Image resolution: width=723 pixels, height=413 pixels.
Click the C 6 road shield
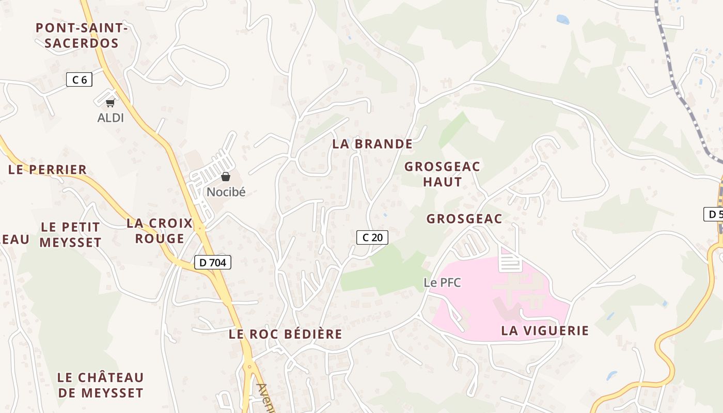coord(79,80)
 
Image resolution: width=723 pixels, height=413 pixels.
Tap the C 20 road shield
coord(372,237)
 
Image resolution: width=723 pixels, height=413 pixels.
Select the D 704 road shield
coord(212,262)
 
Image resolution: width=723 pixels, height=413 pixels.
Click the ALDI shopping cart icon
coord(110,103)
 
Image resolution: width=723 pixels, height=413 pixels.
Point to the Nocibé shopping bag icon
coord(226,177)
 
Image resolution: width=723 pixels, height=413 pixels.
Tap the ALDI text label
coord(111,118)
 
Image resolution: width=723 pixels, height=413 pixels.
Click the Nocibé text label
coord(226,192)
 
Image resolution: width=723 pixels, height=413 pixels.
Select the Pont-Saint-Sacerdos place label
coord(82,35)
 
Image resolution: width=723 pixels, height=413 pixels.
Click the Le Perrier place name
coord(48,170)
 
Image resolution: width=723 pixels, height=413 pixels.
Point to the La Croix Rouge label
coord(159,231)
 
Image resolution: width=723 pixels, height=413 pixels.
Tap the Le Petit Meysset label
coord(70,234)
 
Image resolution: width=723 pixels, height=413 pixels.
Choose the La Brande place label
coord(372,144)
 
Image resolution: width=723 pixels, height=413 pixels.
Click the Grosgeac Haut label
coord(442,174)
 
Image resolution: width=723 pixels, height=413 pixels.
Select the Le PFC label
coord(442,282)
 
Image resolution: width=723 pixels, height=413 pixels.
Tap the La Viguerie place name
coord(545,330)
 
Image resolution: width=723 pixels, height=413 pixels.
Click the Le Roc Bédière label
coord(285,334)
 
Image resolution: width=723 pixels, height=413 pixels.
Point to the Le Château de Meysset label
coord(100,385)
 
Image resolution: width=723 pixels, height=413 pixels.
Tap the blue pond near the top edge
coord(562,20)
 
